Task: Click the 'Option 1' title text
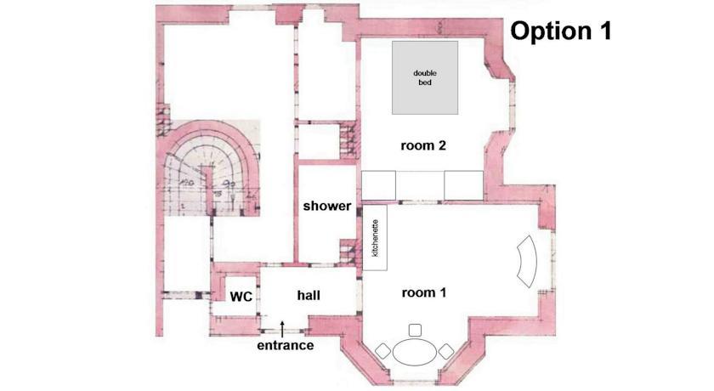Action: coord(560,31)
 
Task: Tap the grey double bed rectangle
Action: coord(425,78)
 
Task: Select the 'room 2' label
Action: coord(423,145)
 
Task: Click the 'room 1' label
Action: coord(424,292)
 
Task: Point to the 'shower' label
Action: coord(327,206)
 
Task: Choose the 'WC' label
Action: coord(241,297)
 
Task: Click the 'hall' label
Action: coord(309,296)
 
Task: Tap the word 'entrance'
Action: coord(285,345)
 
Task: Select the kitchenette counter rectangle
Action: coord(375,238)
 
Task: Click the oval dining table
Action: coord(415,352)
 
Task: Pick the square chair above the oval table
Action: coord(415,330)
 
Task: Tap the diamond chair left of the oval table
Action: coord(383,351)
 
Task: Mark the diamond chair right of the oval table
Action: coord(445,351)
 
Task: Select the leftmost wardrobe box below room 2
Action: coord(378,185)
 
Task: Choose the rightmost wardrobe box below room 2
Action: coord(463,185)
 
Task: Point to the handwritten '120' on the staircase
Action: coord(186,183)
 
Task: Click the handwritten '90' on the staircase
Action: coord(228,183)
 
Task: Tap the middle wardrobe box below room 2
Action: coord(420,185)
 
